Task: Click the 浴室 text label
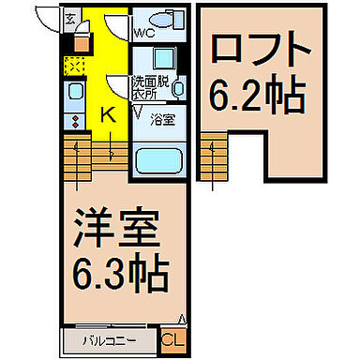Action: coord(162,119)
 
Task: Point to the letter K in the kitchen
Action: coord(107,115)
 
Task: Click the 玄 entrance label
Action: coord(71,17)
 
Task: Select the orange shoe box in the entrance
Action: coord(82,41)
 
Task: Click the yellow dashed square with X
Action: coord(75,67)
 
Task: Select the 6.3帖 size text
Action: coord(120,273)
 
